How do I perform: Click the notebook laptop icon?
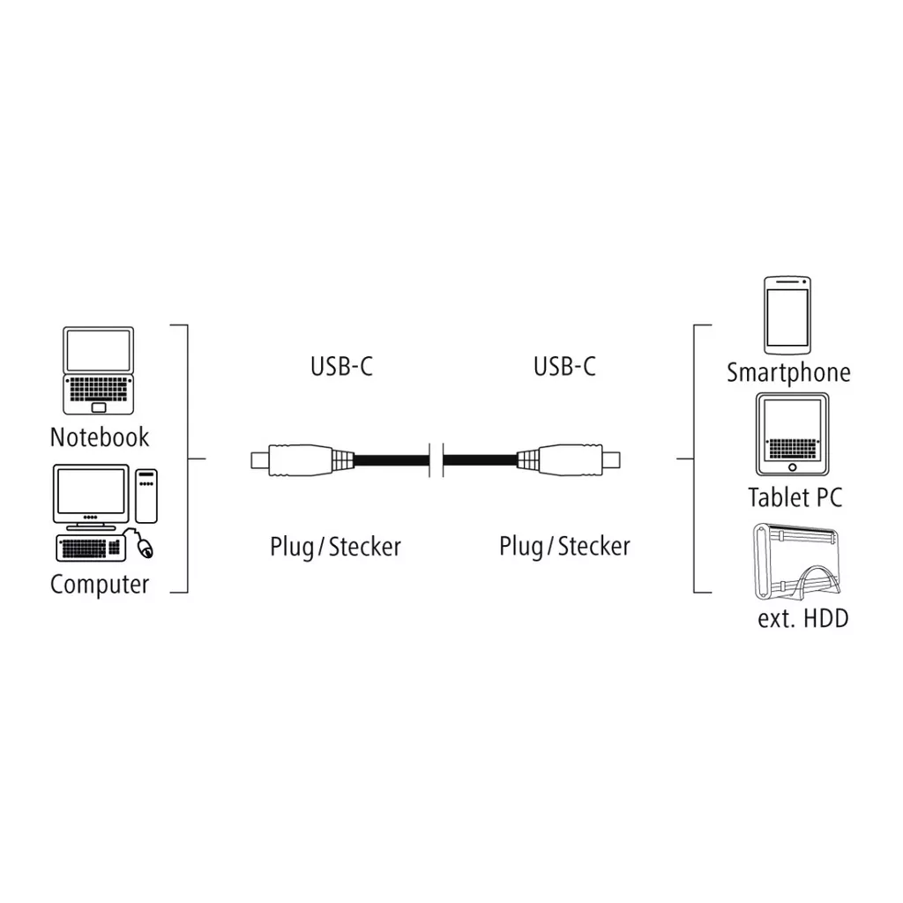point(99,370)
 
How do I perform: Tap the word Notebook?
point(100,437)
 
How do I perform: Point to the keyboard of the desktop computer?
point(88,548)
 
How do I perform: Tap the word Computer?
point(100,584)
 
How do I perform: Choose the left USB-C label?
point(341,366)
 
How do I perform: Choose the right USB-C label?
point(564,366)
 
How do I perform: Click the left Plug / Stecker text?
point(335,547)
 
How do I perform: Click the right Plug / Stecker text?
point(564,547)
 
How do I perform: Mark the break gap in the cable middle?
point(436,459)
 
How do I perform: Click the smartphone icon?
point(787,315)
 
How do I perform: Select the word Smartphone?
point(788,372)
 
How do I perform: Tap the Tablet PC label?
point(795,496)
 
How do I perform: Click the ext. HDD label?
point(802,618)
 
